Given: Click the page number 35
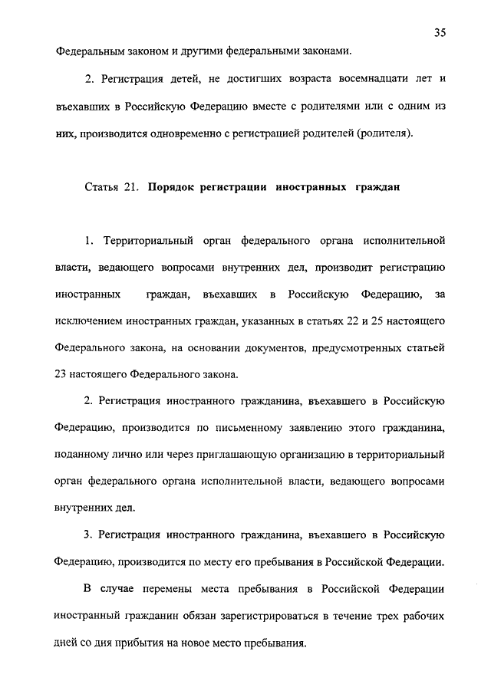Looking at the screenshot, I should tap(440, 31).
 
